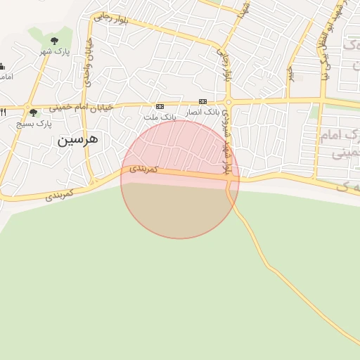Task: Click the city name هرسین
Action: tap(78, 139)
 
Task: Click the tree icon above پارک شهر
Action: tap(55, 41)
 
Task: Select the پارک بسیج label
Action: tap(34, 124)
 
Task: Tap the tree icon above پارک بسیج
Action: tap(33, 112)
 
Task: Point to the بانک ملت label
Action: tap(160, 116)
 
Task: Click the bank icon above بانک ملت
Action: tap(160, 105)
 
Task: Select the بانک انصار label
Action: tap(202, 112)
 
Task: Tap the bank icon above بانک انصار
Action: tap(202, 102)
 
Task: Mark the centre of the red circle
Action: tap(180, 179)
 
